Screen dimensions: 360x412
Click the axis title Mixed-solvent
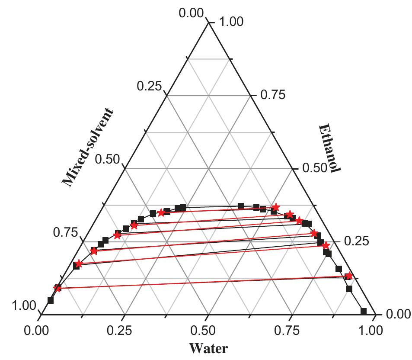click(88, 148)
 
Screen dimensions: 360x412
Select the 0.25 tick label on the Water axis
click(123, 331)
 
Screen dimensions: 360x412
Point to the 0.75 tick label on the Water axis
click(290, 331)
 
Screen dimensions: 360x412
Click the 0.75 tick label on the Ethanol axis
click(273, 95)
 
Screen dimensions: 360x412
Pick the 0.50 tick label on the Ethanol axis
click(315, 167)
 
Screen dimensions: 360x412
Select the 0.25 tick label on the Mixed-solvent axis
click(149, 87)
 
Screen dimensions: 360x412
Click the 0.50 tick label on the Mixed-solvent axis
click(107, 159)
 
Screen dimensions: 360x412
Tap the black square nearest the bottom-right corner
click(364, 311)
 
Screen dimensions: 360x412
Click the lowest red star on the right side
click(349, 276)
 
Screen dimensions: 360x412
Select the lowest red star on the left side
click(57, 288)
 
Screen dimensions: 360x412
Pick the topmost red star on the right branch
click(275, 207)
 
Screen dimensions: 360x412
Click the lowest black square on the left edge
click(51, 300)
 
